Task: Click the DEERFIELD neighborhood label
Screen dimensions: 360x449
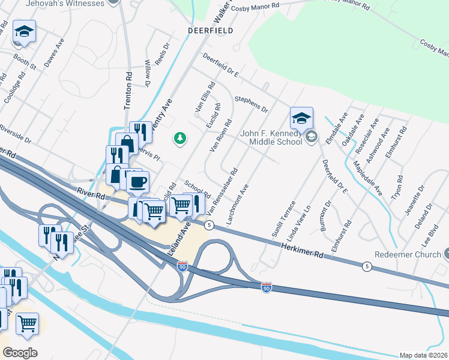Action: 209,29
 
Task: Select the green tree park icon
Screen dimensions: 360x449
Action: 179,139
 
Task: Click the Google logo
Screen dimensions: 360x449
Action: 20,352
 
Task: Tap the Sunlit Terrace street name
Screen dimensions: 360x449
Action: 283,219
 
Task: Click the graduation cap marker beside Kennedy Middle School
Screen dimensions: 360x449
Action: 302,117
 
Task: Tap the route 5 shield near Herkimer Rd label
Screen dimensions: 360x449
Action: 367,266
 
